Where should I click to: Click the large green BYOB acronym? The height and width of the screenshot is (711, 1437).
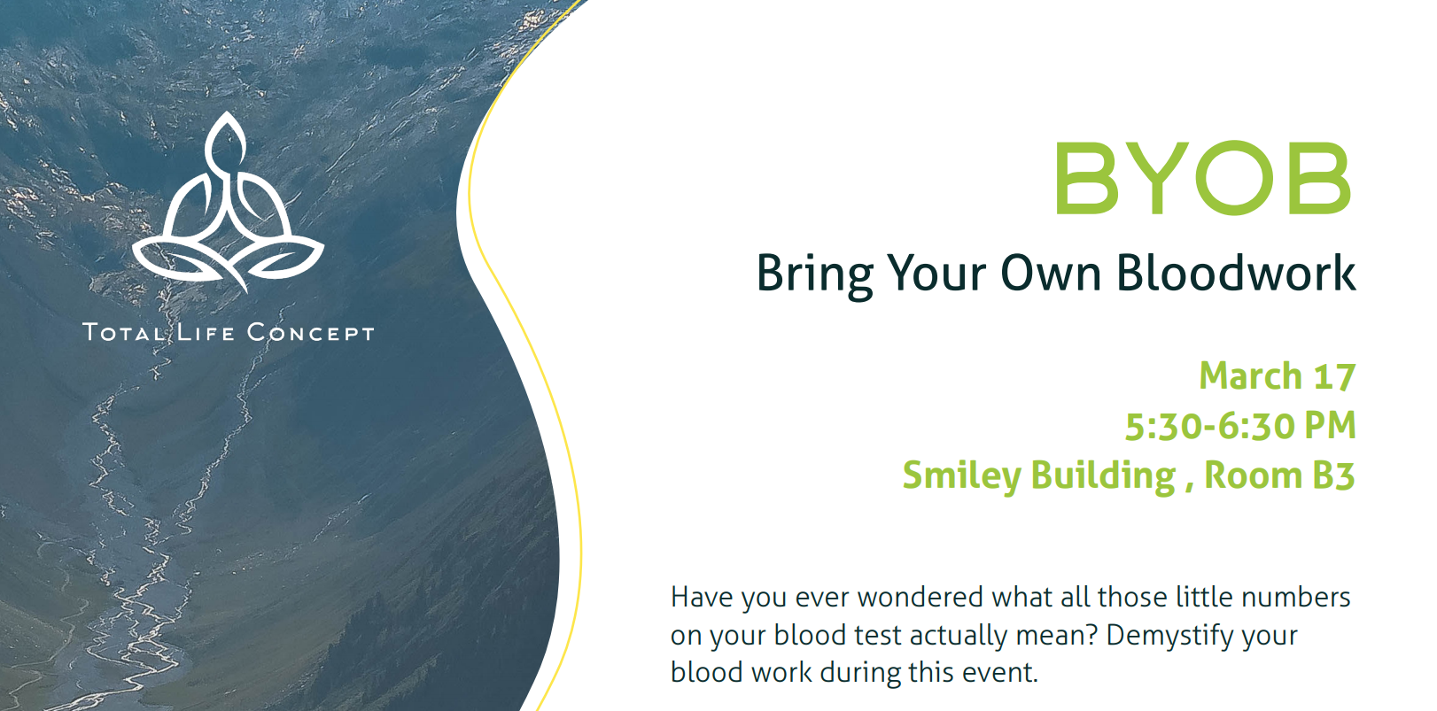pyautogui.click(x=1203, y=178)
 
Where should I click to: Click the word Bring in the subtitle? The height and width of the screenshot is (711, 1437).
pyautogui.click(x=814, y=274)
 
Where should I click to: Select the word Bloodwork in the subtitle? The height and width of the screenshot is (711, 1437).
pyautogui.click(x=1236, y=273)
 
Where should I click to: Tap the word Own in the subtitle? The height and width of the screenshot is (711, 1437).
pyautogui.click(x=1052, y=274)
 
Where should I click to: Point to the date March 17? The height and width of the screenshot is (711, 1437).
pyautogui.click(x=1278, y=375)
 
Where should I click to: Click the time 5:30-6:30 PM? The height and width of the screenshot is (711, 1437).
pyautogui.click(x=1240, y=426)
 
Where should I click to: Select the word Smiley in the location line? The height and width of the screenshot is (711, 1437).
pyautogui.click(x=961, y=476)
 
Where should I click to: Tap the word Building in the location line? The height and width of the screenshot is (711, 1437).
pyautogui.click(x=1103, y=476)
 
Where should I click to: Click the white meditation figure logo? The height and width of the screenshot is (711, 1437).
pyautogui.click(x=228, y=203)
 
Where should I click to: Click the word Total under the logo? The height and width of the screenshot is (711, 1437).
pyautogui.click(x=124, y=333)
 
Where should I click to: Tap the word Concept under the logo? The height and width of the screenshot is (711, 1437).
pyautogui.click(x=310, y=333)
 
